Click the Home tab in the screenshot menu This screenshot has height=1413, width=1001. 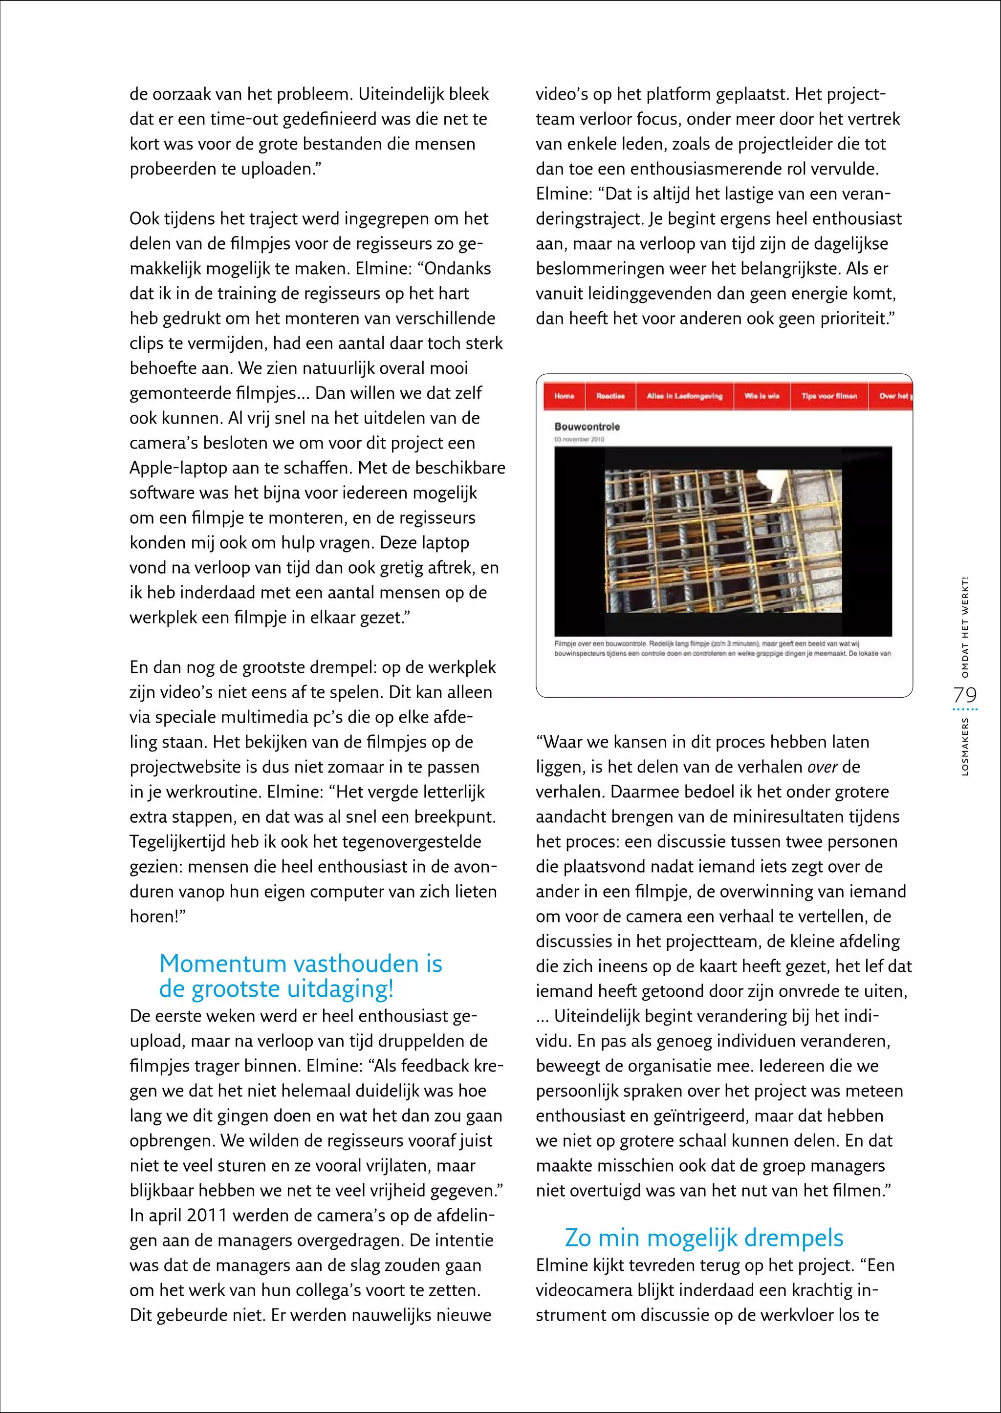tap(564, 396)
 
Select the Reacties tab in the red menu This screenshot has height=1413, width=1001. tap(609, 396)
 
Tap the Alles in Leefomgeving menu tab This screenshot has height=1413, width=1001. tap(684, 396)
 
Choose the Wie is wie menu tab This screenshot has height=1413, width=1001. tap(762, 396)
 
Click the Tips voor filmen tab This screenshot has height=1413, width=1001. tap(829, 396)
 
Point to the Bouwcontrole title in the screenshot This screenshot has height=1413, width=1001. tap(587, 427)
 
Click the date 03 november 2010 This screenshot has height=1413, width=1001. tap(579, 439)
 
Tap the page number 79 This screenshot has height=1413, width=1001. tap(965, 695)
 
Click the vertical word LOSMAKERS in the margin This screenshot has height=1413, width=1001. tap(965, 746)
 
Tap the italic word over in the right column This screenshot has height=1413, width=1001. tap(822, 767)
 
